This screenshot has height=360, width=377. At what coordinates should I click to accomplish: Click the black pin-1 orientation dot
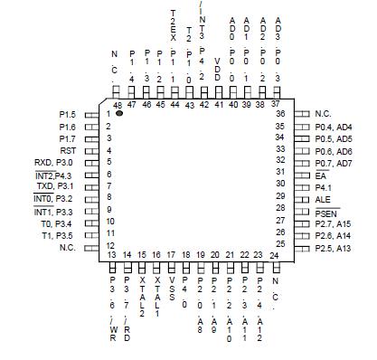coord(119,116)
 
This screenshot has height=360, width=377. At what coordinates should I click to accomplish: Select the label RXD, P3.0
coord(54,163)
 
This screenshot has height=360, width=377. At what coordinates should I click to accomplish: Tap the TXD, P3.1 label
coord(55,186)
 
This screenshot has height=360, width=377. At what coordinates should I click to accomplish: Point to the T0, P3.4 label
coord(60,223)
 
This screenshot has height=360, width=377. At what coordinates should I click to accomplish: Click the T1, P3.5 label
coord(60,234)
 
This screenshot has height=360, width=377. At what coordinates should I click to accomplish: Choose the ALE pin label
coord(323,199)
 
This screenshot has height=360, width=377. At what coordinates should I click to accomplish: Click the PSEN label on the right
coord(326,211)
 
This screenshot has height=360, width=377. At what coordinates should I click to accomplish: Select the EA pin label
coord(321,175)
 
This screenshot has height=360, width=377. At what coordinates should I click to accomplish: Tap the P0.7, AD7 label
coord(334,163)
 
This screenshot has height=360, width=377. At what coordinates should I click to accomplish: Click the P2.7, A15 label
coord(334,223)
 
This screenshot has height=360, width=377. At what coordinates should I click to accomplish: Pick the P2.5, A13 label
coord(334,246)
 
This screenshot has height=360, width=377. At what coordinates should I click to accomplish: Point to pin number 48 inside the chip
coord(118,106)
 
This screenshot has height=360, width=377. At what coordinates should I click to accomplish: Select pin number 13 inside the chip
coord(112,255)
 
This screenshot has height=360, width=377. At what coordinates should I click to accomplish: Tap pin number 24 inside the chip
coord(274,255)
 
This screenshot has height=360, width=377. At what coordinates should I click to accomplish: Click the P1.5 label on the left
coord(67,115)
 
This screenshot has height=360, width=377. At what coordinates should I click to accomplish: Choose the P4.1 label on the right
coord(324,187)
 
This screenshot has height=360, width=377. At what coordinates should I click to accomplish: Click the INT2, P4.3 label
coord(53,175)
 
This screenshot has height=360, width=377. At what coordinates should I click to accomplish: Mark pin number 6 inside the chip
coord(108,175)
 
